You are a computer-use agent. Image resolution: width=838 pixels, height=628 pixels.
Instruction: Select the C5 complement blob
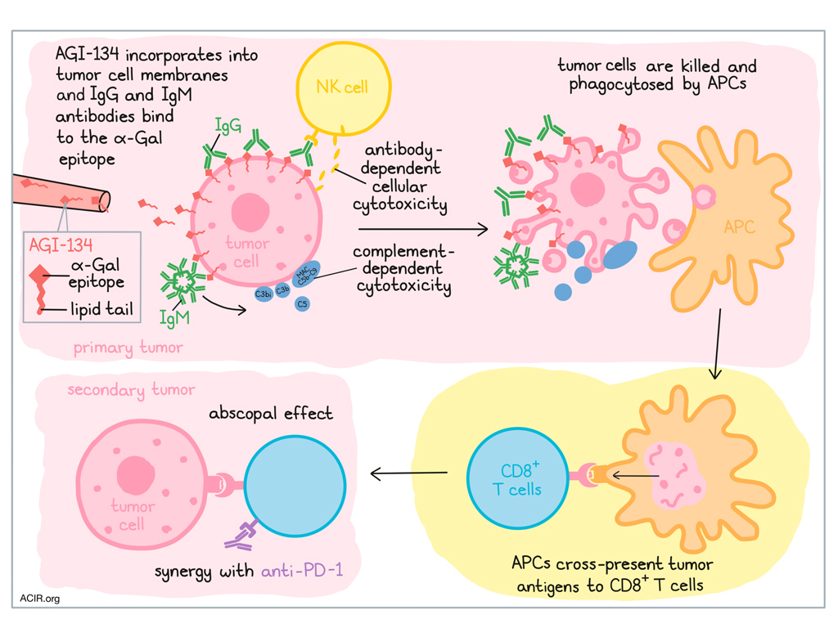tap(302, 303)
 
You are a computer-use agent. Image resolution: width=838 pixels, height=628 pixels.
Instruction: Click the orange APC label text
tap(739, 228)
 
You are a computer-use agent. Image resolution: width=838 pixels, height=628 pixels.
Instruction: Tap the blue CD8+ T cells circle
tap(517, 478)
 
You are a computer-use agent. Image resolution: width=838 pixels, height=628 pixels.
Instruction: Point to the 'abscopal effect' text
tap(271, 413)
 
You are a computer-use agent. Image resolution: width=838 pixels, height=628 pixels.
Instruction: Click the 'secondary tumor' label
tap(131, 390)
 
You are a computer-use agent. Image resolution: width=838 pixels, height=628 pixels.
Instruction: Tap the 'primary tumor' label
tap(128, 348)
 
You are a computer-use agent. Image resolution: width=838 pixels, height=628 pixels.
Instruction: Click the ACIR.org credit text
tap(40, 599)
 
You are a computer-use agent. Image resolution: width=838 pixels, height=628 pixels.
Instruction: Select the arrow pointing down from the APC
tap(715, 344)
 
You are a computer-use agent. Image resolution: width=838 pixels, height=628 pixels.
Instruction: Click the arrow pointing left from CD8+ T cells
tap(409, 473)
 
